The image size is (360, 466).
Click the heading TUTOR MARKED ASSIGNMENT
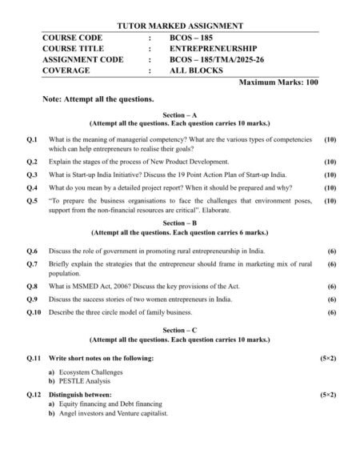tap(180, 26)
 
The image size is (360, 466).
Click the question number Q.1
tap(32, 139)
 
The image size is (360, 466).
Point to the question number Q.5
tap(32, 201)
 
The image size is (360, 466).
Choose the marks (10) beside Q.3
tap(330, 174)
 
